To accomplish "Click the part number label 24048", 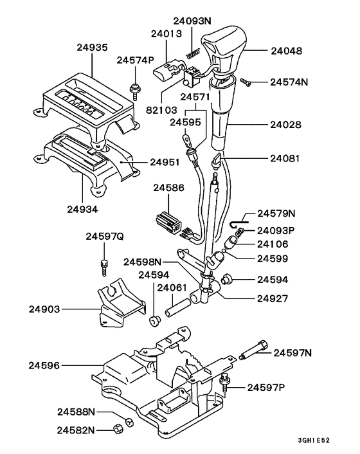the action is pyautogui.click(x=286, y=51).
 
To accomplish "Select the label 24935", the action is pyautogui.click(x=92, y=48).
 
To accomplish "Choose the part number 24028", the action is pyautogui.click(x=286, y=125).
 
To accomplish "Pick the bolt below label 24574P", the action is pyautogui.click(x=134, y=91).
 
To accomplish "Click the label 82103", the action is pyautogui.click(x=161, y=110).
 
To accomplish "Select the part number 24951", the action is pyautogui.click(x=165, y=162).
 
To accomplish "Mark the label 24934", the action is pyautogui.click(x=82, y=209).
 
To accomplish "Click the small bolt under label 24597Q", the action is pyautogui.click(x=105, y=268).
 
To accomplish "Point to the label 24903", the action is pyautogui.click(x=44, y=309).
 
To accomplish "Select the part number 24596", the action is pyautogui.click(x=44, y=365).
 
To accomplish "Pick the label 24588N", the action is pyautogui.click(x=76, y=412).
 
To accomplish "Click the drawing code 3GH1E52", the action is pyautogui.click(x=314, y=440).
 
